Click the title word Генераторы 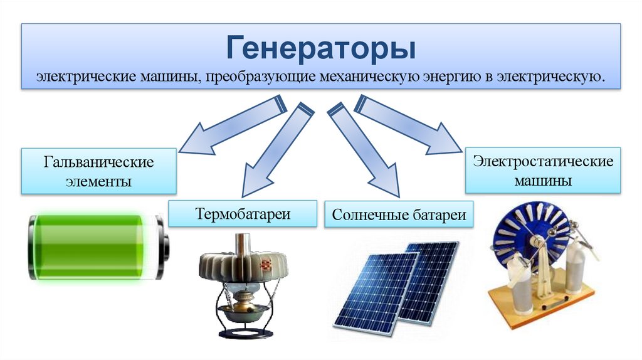(321, 48)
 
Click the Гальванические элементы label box (98, 171)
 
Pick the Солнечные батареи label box (399, 215)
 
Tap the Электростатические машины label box (543, 170)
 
